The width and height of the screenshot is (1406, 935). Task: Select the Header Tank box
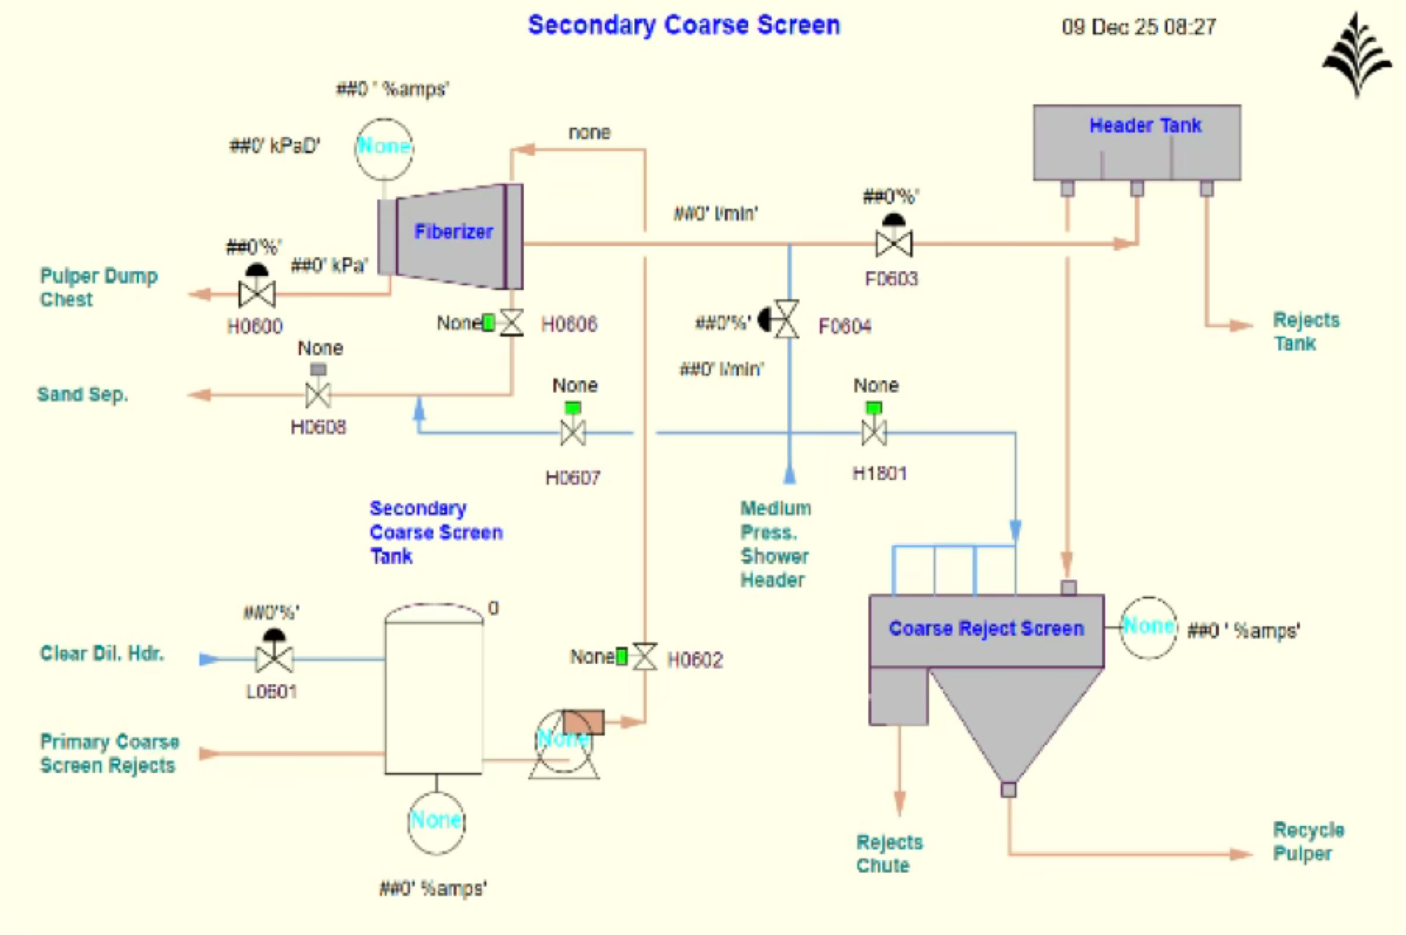pos(1137,142)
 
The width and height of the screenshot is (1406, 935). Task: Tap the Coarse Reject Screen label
pos(985,629)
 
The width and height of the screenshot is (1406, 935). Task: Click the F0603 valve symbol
pos(893,244)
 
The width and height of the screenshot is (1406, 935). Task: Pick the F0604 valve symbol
pos(786,320)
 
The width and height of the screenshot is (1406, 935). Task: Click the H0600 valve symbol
pos(257,294)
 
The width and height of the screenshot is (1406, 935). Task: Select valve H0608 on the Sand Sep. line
pos(318,394)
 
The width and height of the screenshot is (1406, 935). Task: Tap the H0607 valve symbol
pos(572,432)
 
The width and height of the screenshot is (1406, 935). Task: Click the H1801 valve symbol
pos(873,432)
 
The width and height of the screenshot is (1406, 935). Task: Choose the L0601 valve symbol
pos(274,658)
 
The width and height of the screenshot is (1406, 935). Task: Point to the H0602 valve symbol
pos(644,657)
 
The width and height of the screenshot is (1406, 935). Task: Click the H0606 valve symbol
pos(511,323)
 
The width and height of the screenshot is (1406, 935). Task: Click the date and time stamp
pos(1138,27)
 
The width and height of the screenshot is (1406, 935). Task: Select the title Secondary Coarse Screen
pos(684,25)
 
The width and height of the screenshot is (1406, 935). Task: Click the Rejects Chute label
pos(889,854)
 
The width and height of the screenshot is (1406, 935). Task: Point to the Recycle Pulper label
pos(1308,841)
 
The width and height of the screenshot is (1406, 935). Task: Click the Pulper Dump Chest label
pos(98,288)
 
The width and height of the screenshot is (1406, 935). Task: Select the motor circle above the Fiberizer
pos(384,148)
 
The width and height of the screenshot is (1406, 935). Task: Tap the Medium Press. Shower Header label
pos(775,544)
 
